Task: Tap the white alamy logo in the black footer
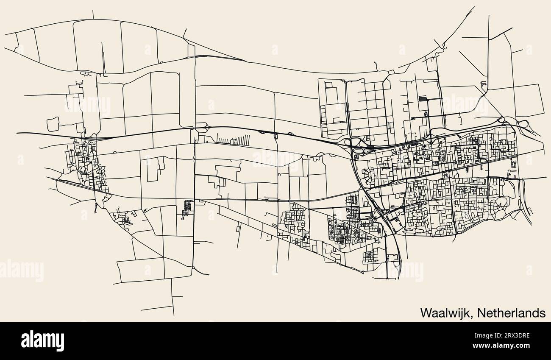pos(42,340)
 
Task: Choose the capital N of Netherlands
pos(481,313)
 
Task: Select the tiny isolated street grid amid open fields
pos(187,207)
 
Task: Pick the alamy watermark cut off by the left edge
pos(21,271)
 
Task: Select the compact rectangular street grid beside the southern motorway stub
pos(370,256)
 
